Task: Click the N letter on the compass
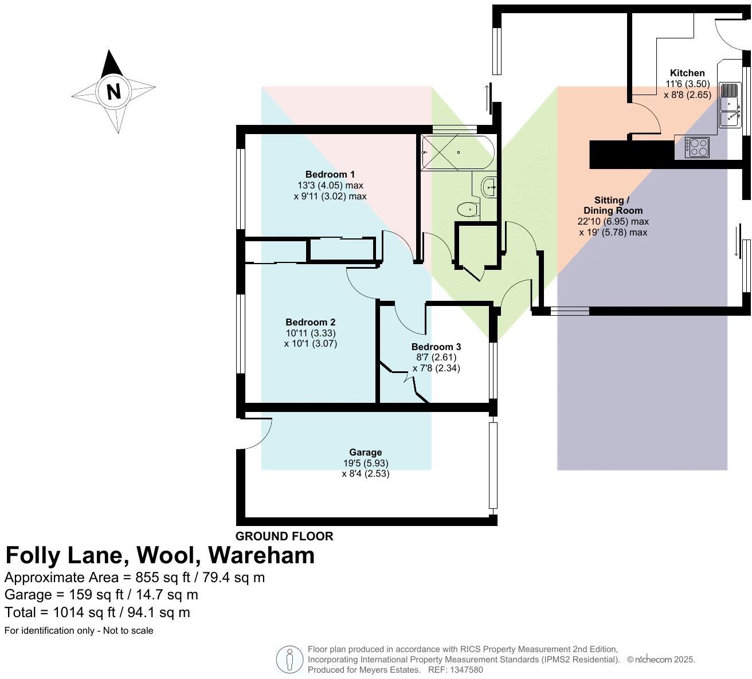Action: [113, 92]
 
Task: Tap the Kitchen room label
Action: [687, 73]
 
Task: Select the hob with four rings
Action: [696, 147]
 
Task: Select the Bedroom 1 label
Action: [330, 174]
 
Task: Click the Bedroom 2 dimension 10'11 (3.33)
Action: [310, 333]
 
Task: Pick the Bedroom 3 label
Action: [436, 347]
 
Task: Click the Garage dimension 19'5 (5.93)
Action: [365, 463]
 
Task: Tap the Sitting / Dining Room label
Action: [613, 205]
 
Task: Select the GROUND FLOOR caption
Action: [284, 536]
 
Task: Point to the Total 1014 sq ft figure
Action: [97, 613]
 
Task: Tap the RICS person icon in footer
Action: [289, 660]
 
